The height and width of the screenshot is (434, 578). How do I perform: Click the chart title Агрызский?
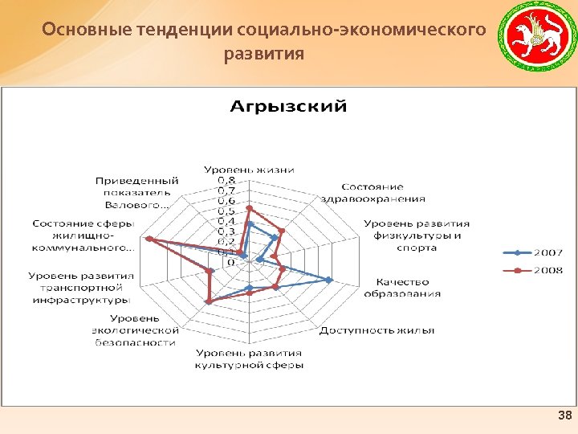[x=289, y=106]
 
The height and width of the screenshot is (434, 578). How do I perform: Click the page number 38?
[x=564, y=416]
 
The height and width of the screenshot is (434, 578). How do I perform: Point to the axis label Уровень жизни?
[x=248, y=170]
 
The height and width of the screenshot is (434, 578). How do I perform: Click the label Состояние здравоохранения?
[x=372, y=193]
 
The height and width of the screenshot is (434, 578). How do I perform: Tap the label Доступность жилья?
[x=377, y=330]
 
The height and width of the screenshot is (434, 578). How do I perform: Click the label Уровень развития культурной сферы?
[x=249, y=359]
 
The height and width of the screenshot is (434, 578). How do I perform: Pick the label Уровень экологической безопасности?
[x=133, y=330]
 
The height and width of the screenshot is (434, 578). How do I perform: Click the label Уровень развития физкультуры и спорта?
[x=417, y=235]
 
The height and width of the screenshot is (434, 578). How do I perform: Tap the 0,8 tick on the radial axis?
[x=227, y=181]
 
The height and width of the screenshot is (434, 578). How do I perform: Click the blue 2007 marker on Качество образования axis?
[x=329, y=280]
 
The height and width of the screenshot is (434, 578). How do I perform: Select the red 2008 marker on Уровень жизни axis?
[x=249, y=208]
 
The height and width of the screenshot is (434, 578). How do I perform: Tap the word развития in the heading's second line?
[x=264, y=55]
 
